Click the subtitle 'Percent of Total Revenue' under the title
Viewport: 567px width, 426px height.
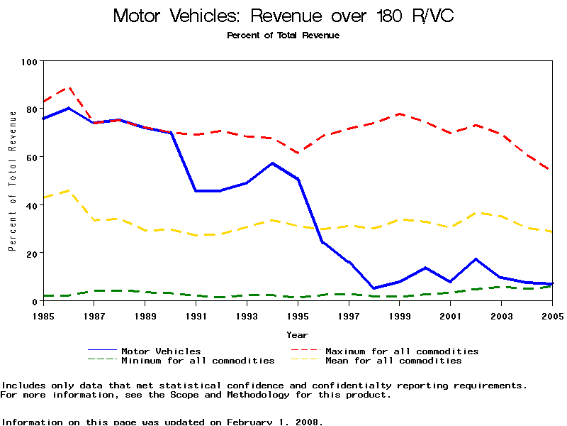(283, 35)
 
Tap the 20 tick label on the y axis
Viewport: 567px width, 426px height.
(31, 253)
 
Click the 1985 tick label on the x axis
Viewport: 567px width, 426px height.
(43, 315)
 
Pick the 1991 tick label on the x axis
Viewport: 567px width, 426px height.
(196, 315)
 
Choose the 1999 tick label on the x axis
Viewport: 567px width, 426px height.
(400, 315)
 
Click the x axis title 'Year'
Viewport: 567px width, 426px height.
(297, 334)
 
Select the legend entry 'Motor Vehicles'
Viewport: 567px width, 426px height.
(161, 351)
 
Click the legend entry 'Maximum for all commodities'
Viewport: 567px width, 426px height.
(402, 351)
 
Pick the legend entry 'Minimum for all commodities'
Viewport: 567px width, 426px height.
(198, 361)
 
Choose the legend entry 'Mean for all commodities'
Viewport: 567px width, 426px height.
(393, 361)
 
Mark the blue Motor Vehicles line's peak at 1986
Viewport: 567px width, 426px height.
(69, 108)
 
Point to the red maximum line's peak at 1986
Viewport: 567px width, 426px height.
(69, 87)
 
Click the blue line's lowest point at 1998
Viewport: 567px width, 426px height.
(374, 288)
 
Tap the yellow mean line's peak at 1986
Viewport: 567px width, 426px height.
(69, 190)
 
